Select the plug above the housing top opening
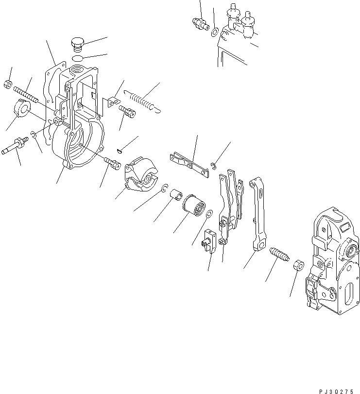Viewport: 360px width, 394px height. click(77, 44)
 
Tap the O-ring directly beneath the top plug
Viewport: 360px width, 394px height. click(78, 58)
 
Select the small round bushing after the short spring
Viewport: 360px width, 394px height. click(298, 266)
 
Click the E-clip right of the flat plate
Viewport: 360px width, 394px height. click(213, 168)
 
